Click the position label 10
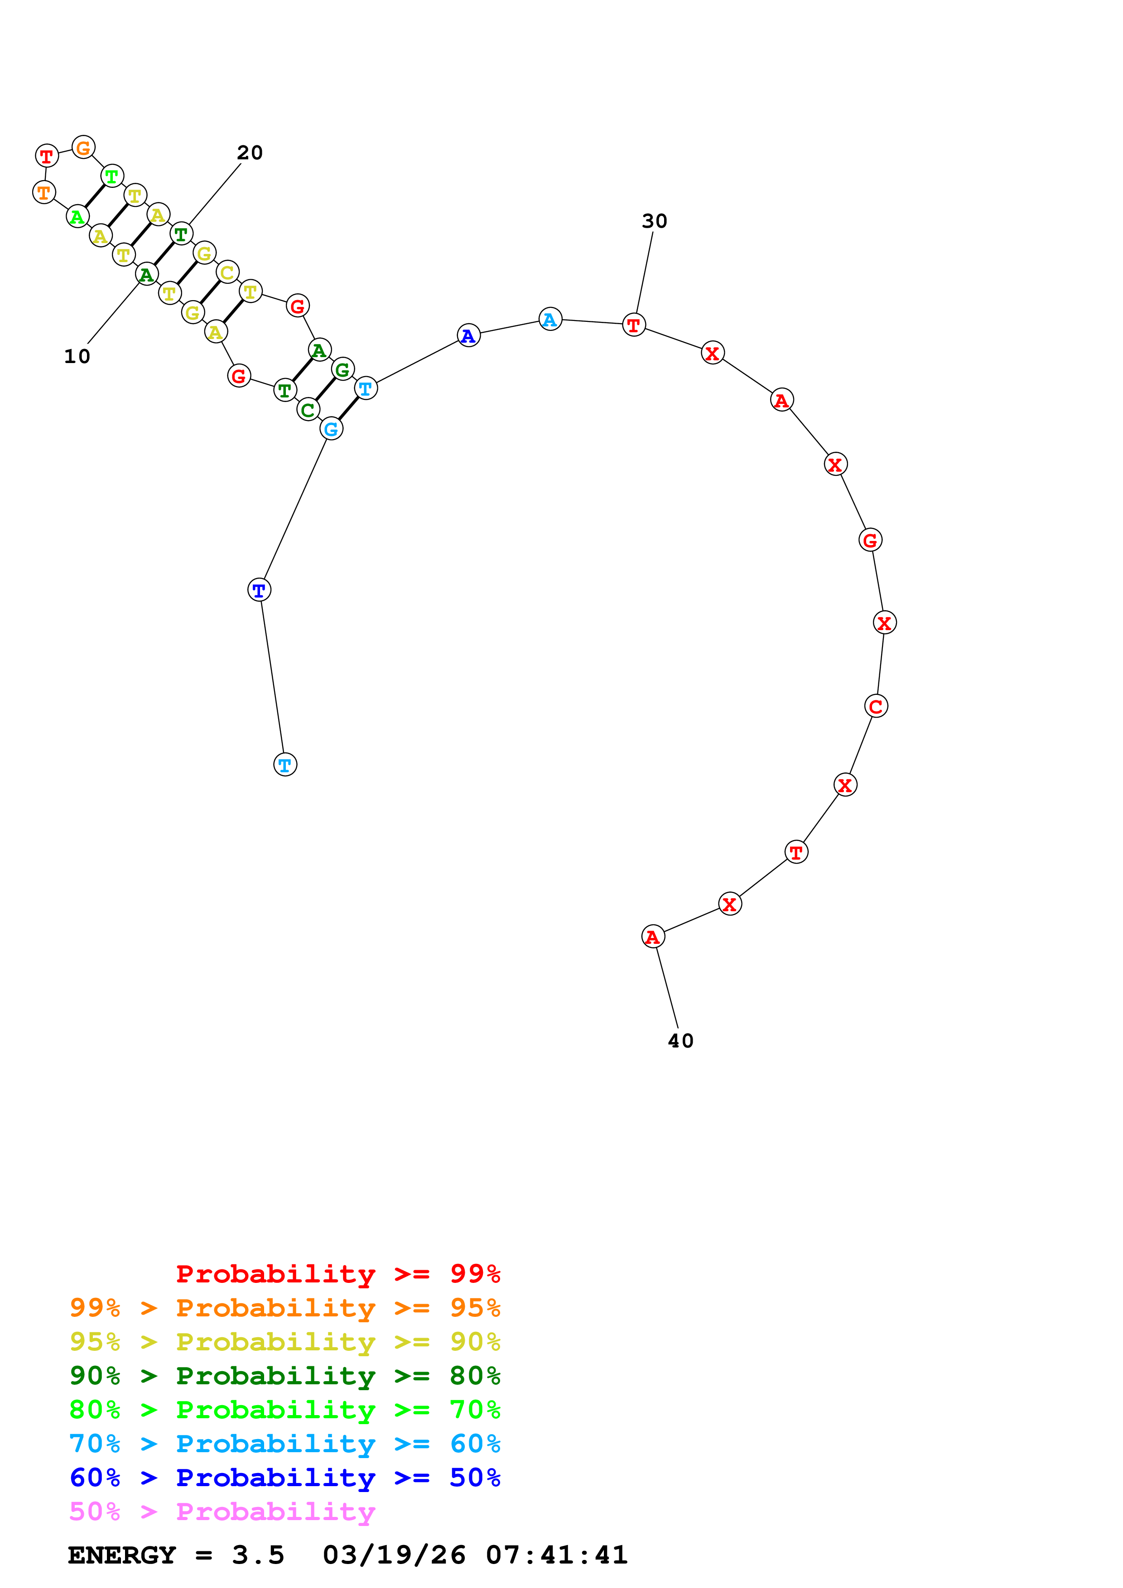(x=77, y=356)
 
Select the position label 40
(x=680, y=1040)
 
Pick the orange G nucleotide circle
(x=83, y=147)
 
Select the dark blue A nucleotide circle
(x=468, y=335)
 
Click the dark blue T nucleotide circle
(x=259, y=590)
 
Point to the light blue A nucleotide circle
(x=549, y=320)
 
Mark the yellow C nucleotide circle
(x=227, y=272)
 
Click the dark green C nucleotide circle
(x=308, y=410)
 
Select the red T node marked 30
(x=633, y=325)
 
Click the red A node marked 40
(x=652, y=937)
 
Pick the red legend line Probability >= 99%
(x=337, y=1273)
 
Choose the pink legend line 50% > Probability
(x=222, y=1511)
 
